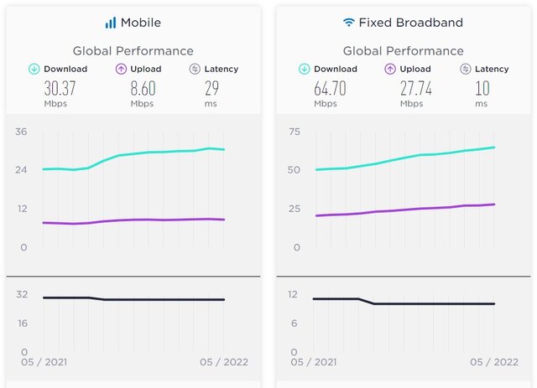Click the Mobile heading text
(x=140, y=23)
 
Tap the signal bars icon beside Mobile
(x=111, y=23)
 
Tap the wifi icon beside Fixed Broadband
(x=348, y=23)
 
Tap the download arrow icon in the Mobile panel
(x=34, y=69)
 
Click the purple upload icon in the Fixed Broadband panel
(x=390, y=69)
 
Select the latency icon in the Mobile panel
(x=194, y=69)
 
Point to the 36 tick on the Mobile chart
(x=21, y=132)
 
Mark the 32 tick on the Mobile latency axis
(x=22, y=294)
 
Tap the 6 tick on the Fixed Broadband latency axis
(x=295, y=323)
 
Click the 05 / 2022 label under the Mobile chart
(x=223, y=362)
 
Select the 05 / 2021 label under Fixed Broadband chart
(x=315, y=362)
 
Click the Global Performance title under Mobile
(x=133, y=51)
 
